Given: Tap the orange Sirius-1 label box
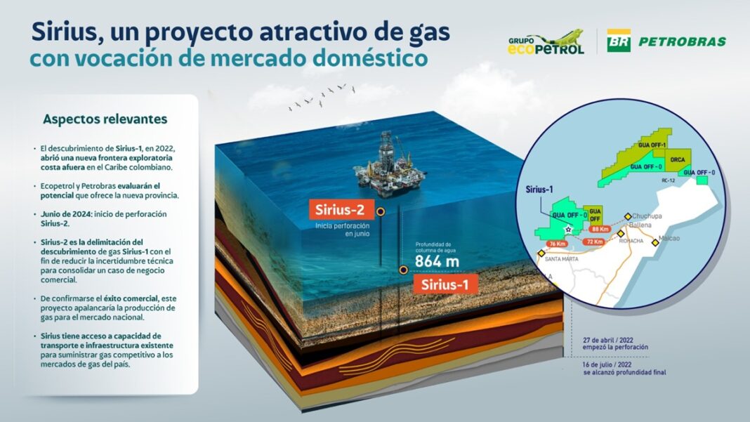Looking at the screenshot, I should click(446, 284).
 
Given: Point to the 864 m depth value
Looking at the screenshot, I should click(437, 262).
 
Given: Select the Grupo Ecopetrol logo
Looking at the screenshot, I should click(546, 43).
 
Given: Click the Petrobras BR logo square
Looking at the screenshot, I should click(619, 41).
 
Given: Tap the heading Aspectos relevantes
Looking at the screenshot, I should click(105, 119).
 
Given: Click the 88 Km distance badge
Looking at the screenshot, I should click(600, 229).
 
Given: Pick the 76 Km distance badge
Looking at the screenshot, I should click(556, 244).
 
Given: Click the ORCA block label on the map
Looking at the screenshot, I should click(677, 159).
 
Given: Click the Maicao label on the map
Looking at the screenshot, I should click(669, 239).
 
